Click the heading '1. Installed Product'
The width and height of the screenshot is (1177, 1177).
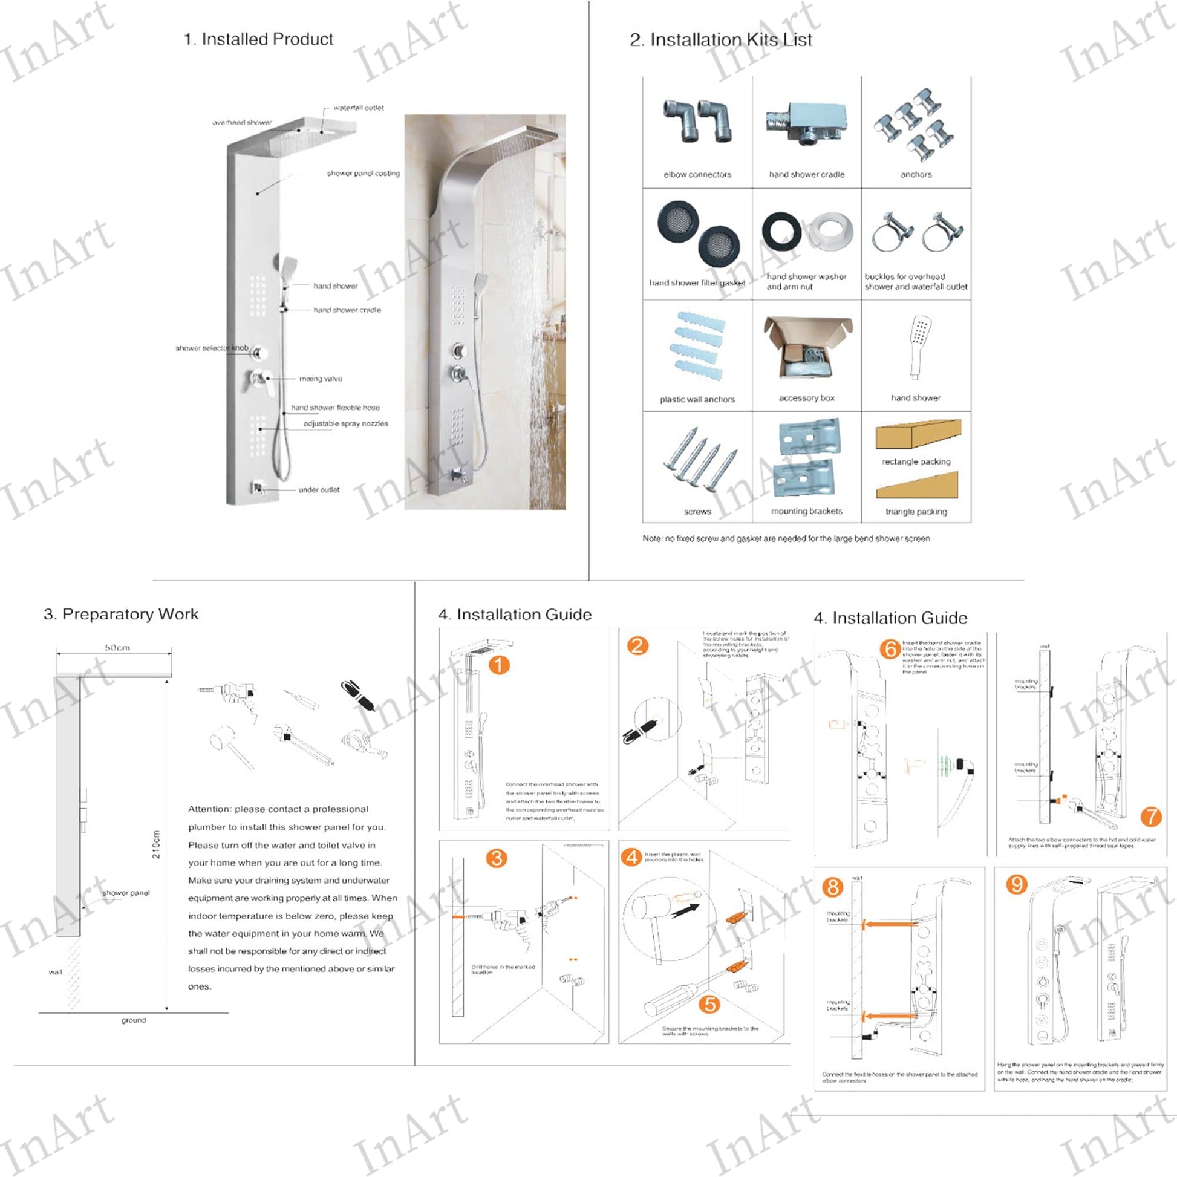coord(258,39)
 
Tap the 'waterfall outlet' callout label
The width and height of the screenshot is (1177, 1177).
coord(358,108)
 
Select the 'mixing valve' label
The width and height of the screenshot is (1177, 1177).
coord(321,379)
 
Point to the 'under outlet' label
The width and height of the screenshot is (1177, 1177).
coord(319,490)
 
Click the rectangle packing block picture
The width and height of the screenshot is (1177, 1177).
coord(918,434)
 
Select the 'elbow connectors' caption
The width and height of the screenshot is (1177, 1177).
coord(697,174)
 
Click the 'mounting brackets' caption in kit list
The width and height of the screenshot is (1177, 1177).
coord(807,511)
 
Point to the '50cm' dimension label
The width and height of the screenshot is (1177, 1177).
coord(117,648)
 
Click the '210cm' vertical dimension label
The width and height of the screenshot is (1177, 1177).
coord(156,844)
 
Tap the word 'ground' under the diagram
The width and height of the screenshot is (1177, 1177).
coord(134,1020)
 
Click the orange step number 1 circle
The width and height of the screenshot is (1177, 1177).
coord(499,665)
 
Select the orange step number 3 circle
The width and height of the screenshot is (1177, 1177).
coord(497,858)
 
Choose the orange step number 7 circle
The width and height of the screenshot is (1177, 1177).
coord(1151,817)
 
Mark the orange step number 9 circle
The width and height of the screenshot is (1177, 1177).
coord(1016,884)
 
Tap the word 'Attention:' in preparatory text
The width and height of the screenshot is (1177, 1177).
coord(209,809)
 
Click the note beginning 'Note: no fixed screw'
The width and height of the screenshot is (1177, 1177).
coord(786,538)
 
